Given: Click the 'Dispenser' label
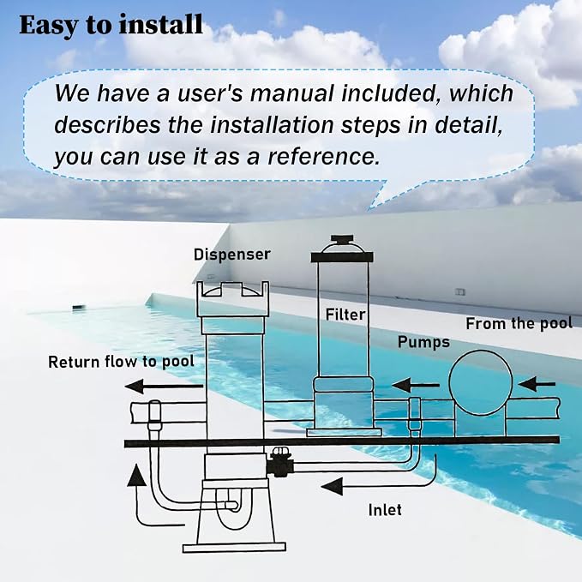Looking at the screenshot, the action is click(x=232, y=255).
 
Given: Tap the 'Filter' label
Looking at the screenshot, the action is click(x=345, y=315).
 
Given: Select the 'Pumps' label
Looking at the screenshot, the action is click(x=423, y=342).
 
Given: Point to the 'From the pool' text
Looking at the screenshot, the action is click(x=519, y=324).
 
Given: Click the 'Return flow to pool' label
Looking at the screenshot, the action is click(x=122, y=362).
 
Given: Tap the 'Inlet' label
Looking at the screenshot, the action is click(x=385, y=510).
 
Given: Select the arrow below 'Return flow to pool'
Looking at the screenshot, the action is click(x=165, y=387).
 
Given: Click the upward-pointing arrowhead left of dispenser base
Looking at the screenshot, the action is click(x=136, y=475).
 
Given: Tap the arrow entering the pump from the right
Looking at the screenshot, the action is click(x=537, y=384).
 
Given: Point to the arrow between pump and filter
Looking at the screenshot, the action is click(x=416, y=385).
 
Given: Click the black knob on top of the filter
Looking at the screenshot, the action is click(x=342, y=238).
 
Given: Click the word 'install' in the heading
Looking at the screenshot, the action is click(x=161, y=25).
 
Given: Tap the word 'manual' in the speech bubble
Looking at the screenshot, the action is click(x=291, y=93).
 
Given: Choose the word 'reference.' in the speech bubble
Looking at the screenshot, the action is click(x=324, y=156).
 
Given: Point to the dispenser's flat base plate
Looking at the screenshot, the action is click(x=234, y=548).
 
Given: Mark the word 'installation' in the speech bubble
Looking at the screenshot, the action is click(x=272, y=125).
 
